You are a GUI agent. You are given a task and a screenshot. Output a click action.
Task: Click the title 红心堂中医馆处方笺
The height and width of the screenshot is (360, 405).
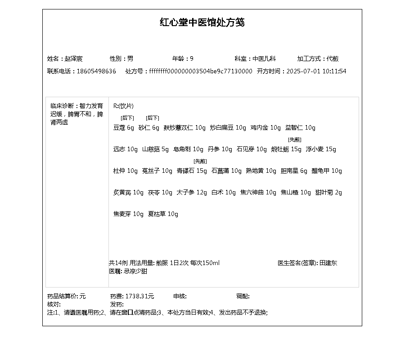(202, 22)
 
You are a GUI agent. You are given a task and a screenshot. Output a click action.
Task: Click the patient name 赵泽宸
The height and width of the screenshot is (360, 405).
(73, 58)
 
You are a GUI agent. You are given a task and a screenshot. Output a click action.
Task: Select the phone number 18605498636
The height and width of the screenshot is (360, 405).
(96, 71)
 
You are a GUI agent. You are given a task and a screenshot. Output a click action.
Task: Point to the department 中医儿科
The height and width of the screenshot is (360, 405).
(264, 58)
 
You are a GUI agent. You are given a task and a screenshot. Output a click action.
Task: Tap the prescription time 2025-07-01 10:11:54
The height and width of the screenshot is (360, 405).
(316, 71)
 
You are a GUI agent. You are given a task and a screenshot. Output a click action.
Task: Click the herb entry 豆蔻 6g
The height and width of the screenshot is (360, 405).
(124, 127)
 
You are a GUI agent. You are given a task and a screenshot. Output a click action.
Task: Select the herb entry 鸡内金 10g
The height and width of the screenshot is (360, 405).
(265, 127)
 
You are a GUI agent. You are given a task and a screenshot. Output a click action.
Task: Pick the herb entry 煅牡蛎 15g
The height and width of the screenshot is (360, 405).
(286, 149)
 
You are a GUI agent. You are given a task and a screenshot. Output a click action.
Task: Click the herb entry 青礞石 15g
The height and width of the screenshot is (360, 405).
(192, 171)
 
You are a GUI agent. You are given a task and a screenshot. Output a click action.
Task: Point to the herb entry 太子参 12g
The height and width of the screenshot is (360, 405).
(192, 192)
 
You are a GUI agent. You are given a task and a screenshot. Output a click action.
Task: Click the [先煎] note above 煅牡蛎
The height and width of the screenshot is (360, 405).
(295, 139)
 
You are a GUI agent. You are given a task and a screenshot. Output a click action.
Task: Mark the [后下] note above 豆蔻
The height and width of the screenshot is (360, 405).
(127, 118)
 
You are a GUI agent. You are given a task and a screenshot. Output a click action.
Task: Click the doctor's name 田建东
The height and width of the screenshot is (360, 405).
(328, 263)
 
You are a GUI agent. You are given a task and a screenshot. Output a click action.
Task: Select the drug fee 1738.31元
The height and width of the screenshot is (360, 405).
(139, 296)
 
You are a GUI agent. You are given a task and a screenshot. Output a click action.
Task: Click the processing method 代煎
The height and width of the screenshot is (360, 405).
(333, 58)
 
